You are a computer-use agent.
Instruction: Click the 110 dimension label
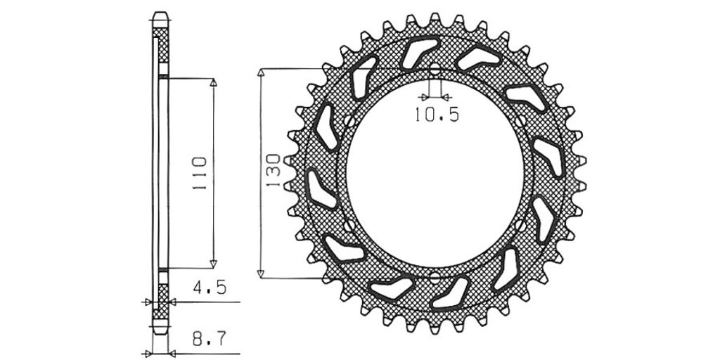pos(200,174)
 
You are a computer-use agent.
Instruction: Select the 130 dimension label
pos(273,170)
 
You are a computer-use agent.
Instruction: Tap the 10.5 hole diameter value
pos(437,115)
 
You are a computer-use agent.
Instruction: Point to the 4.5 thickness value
pos(210,287)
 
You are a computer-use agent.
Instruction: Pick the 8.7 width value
pos(210,340)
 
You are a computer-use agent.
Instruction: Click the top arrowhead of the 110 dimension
pos(213,82)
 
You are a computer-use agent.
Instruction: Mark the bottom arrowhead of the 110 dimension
pos(213,264)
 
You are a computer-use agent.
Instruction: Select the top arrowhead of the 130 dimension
pos(261,72)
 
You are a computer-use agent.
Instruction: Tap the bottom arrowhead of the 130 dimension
pos(261,274)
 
